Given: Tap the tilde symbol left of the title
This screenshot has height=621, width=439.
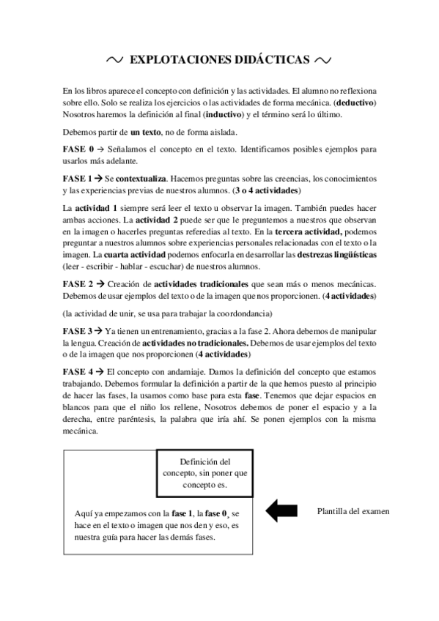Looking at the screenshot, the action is (x=114, y=59).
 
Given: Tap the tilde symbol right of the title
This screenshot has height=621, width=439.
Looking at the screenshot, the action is (x=324, y=59).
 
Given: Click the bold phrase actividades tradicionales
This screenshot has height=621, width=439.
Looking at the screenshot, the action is (x=194, y=283).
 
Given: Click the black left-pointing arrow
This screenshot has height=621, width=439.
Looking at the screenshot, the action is (x=281, y=510).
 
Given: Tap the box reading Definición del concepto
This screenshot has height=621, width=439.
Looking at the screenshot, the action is (x=205, y=472).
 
